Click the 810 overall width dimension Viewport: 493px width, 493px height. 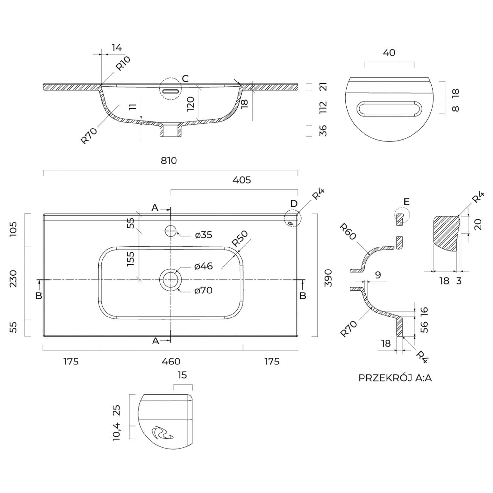pyautogui.click(x=169, y=161)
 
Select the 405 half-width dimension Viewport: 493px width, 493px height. pyautogui.click(x=242, y=180)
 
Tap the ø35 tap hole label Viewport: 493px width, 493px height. pyautogui.click(x=203, y=235)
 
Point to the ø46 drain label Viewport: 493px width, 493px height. pyautogui.click(x=203, y=266)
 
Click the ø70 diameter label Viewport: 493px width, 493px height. pyautogui.click(x=203, y=291)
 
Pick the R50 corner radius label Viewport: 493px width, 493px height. pyautogui.click(x=240, y=239)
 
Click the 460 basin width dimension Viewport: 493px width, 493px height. pyautogui.click(x=171, y=362)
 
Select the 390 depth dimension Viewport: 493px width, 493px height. pyautogui.click(x=328, y=278)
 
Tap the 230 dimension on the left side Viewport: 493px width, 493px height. pyautogui.click(x=13, y=279)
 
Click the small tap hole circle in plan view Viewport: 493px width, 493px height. pyautogui.click(x=171, y=231)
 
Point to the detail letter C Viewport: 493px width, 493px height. pyautogui.click(x=185, y=79)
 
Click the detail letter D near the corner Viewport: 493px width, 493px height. pyautogui.click(x=294, y=204)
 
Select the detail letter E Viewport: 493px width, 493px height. pyautogui.click(x=407, y=201)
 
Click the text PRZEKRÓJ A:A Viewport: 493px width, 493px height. pyautogui.click(x=395, y=378)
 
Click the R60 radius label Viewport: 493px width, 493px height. pyautogui.click(x=348, y=232)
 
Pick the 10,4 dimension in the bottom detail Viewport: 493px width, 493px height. pyautogui.click(x=117, y=432)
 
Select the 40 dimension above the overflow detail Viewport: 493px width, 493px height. pyautogui.click(x=389, y=53)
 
